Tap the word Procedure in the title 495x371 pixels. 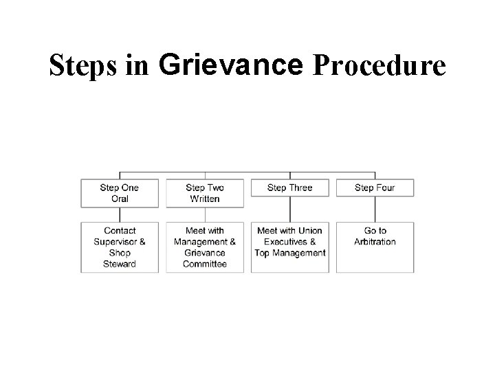pos(379,67)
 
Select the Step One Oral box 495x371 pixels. pos(120,193)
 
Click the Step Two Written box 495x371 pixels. pos(205,193)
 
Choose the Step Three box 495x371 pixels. pos(289,188)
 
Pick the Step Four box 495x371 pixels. pos(375,188)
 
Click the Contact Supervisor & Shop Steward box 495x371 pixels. pos(120,247)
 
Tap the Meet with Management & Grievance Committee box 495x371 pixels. pos(205,247)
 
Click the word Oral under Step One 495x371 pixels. pos(120,199)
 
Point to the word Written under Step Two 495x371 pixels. pos(205,199)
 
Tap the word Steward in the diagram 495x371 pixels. pos(120,264)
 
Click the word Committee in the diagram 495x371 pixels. pos(205,264)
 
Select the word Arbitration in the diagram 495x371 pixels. pos(375,242)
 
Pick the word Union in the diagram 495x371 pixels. pos(310,231)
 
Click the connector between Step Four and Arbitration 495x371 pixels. pos(375,209)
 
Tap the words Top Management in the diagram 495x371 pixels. pos(289,253)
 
